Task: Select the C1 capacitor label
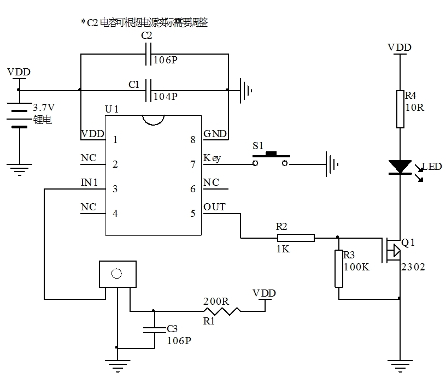134,85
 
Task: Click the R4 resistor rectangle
400,109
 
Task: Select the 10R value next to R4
414,108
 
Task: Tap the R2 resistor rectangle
296,238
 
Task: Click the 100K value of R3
357,268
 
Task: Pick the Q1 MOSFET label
408,242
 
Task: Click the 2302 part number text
413,267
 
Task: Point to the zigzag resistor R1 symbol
221,311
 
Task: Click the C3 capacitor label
172,328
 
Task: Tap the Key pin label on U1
212,158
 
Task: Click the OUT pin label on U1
214,207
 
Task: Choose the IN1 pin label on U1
89,182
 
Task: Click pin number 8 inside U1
192,140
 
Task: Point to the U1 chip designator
111,110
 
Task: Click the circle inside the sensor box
116,274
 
